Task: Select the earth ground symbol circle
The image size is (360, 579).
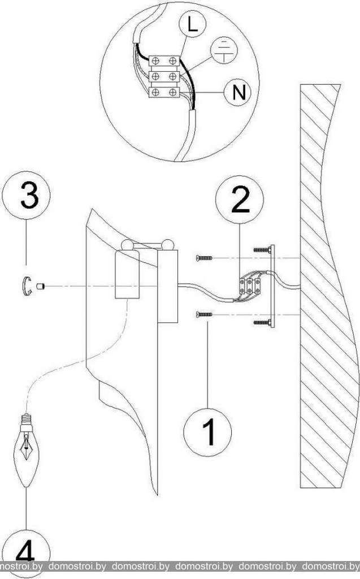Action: point(223,50)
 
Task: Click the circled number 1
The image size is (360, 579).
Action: point(207,432)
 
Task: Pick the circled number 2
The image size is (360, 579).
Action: point(240,200)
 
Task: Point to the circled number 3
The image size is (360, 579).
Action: point(26,196)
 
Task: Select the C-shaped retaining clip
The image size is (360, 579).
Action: point(27,286)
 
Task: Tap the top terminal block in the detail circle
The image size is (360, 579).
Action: point(164,60)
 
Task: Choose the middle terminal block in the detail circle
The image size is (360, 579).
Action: point(164,76)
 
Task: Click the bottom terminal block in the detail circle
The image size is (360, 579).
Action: point(164,92)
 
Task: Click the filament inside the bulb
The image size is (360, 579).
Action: point(26,447)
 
